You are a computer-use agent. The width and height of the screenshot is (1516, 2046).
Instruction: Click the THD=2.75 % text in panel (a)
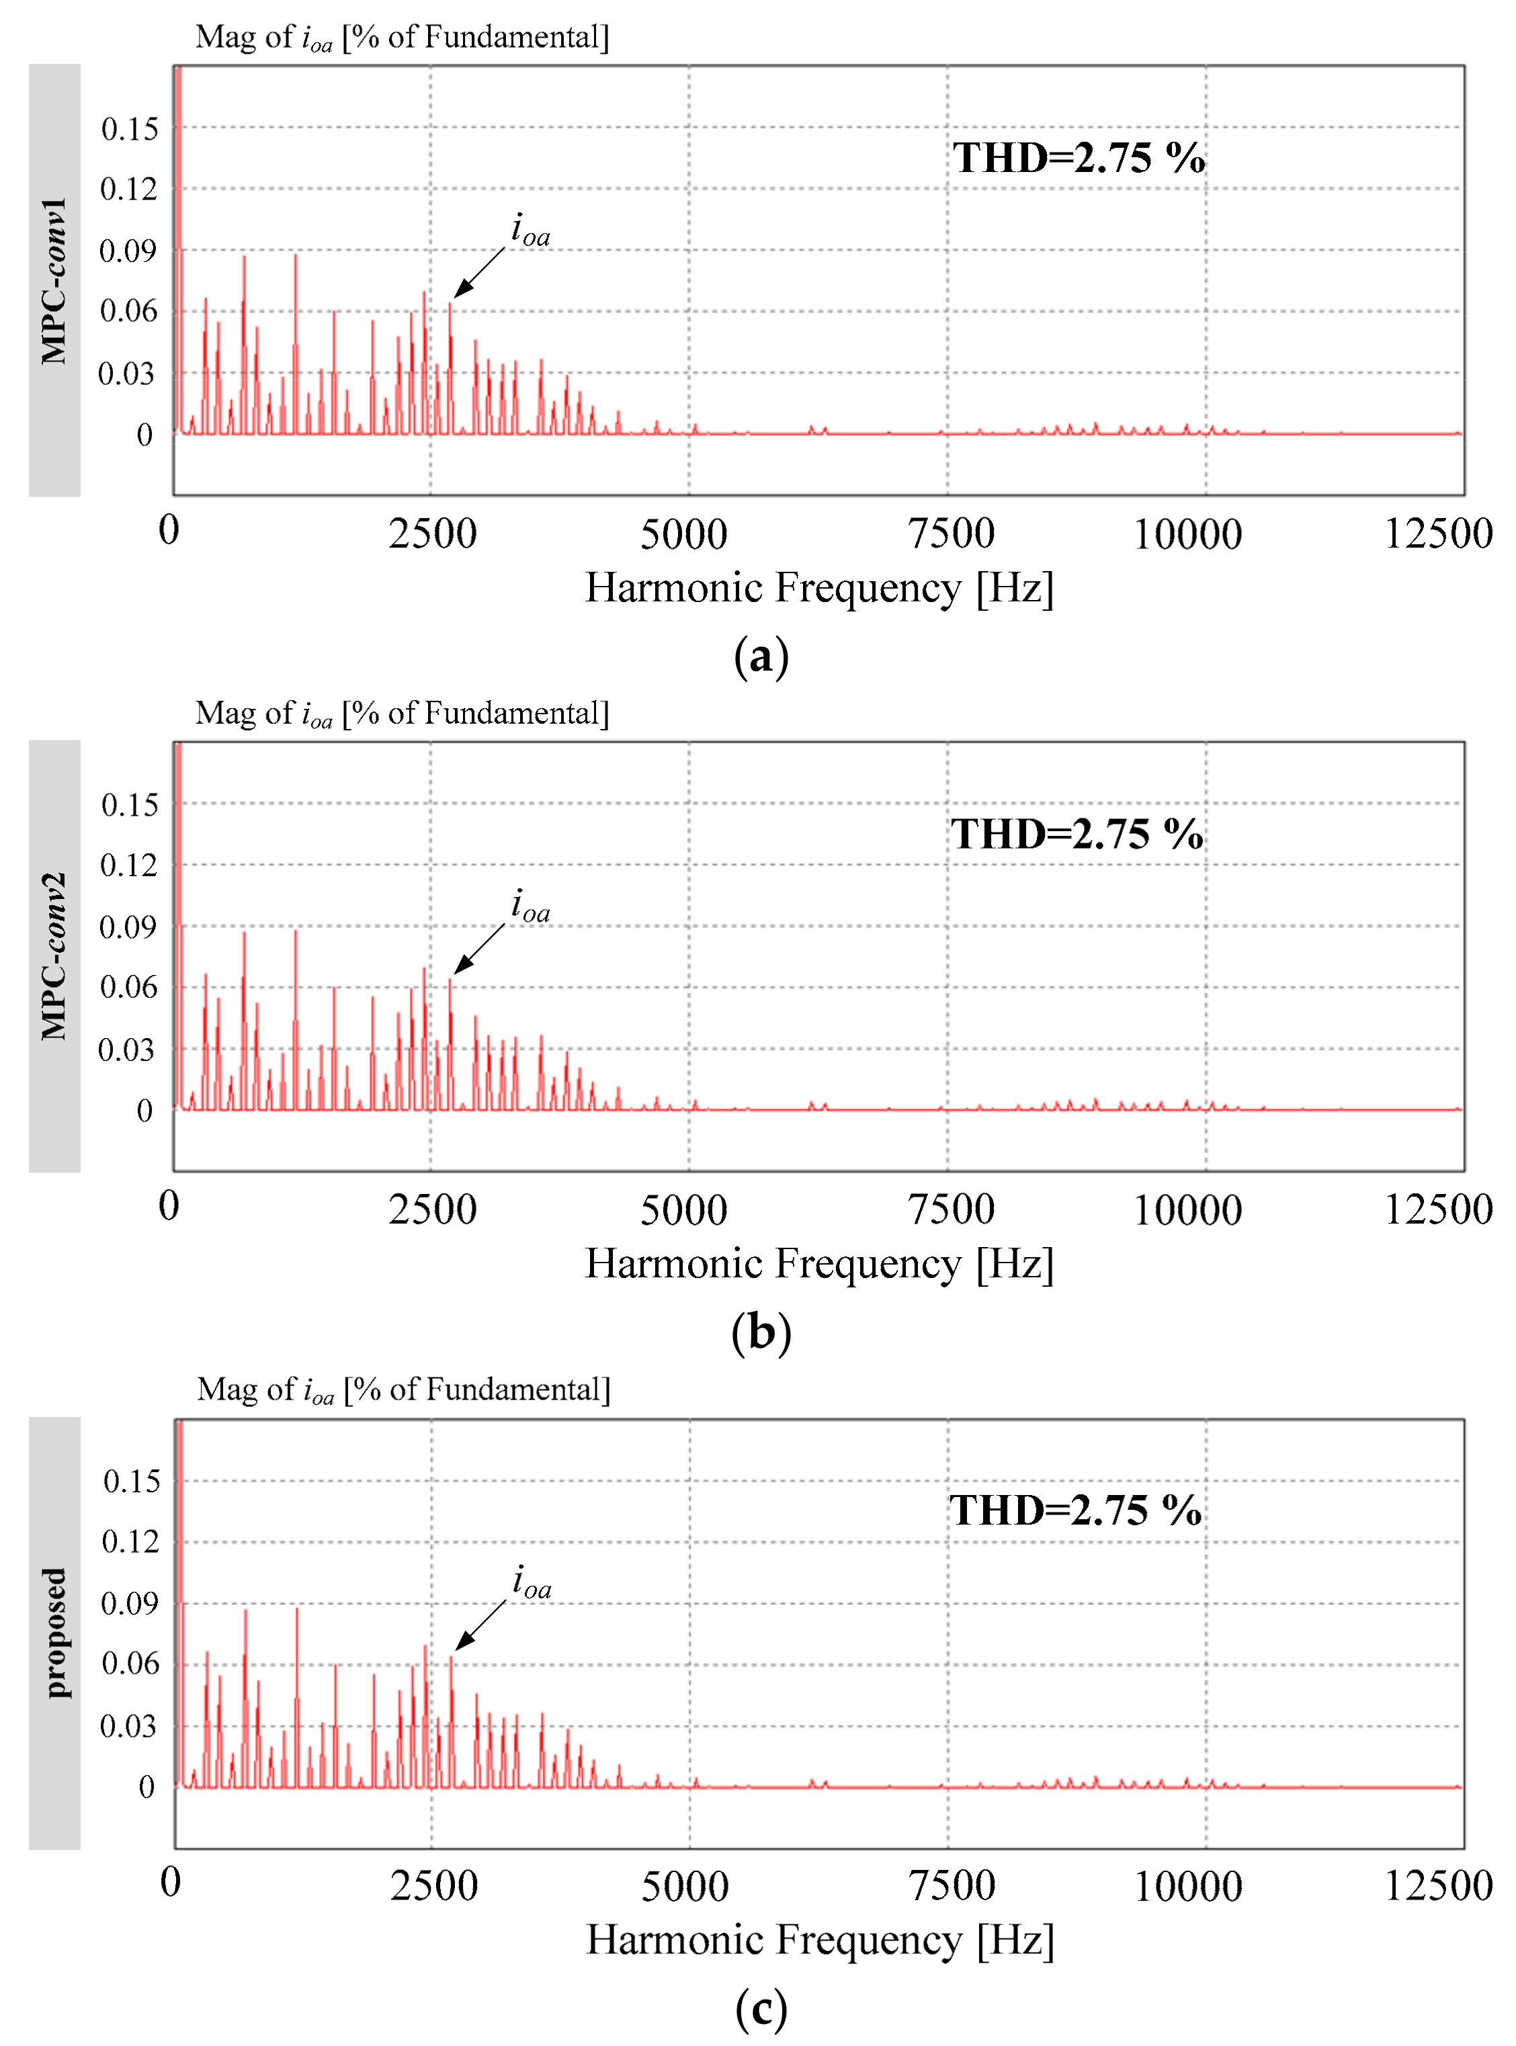1079,158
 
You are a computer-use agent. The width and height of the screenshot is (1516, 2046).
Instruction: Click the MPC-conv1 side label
54,280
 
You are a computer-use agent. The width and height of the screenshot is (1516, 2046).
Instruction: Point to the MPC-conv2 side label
54,956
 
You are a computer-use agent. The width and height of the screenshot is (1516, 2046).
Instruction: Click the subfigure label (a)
761,657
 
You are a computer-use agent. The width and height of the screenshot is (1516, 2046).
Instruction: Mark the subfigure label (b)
761,1333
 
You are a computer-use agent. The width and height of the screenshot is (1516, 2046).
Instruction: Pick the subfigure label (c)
761,2009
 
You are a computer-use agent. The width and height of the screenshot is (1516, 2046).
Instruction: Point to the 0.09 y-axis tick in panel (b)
128,927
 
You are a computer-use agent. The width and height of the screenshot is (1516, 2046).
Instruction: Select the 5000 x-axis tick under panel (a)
683,534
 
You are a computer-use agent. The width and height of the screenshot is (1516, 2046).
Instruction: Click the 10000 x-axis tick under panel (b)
1187,1210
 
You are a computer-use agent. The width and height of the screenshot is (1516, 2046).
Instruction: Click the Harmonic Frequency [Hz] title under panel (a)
819,587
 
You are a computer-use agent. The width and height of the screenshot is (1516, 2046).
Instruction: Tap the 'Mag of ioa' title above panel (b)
402,713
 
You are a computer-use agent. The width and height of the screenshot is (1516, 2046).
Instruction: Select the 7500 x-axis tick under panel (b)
952,1210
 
